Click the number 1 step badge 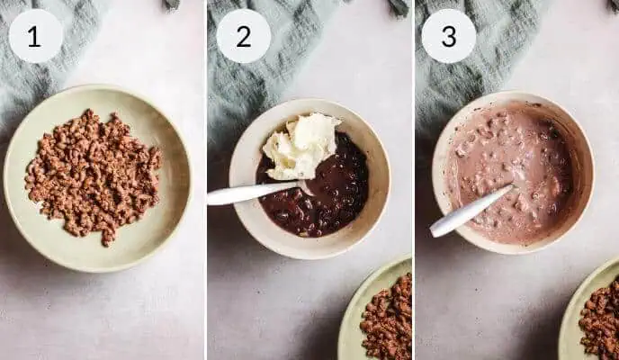click(35, 36)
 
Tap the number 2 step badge click(244, 36)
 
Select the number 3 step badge click(449, 36)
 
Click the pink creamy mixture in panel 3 click(509, 174)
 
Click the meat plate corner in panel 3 click(592, 311)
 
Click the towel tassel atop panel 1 click(172, 4)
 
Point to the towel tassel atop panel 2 click(398, 6)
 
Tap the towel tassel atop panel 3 click(613, 5)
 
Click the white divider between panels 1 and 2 click(206, 180)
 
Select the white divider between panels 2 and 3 click(413, 180)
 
